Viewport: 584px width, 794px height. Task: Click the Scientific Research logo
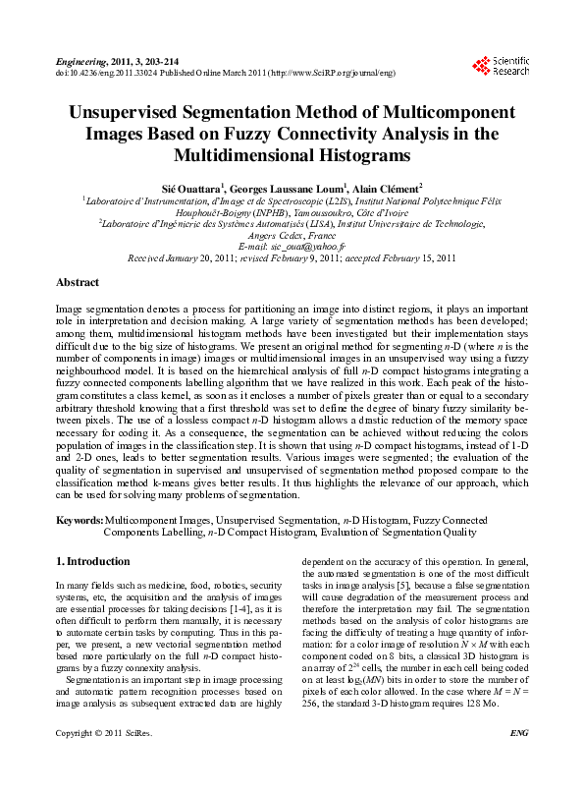click(x=501, y=66)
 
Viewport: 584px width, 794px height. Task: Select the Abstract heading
click(x=78, y=282)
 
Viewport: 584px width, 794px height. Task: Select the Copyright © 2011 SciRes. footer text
click(x=97, y=761)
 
